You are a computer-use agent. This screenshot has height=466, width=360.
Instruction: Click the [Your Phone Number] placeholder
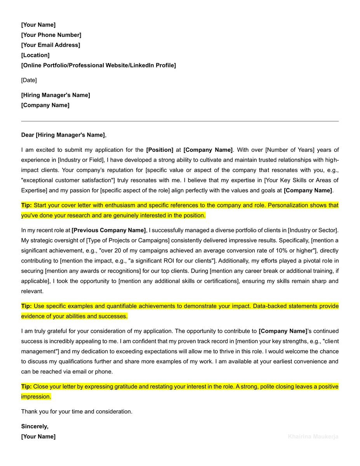pos(51,35)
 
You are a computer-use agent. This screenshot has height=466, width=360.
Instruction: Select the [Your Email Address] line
pos(50,45)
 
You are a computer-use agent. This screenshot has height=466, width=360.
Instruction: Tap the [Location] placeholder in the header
pos(35,55)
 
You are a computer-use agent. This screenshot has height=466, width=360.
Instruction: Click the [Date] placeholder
pos(29,80)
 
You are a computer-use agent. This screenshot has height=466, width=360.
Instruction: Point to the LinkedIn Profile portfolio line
pos(98,65)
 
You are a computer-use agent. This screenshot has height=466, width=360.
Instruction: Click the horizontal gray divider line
pos(180,121)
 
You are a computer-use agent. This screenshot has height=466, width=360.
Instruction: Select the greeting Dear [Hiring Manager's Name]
pos(63,135)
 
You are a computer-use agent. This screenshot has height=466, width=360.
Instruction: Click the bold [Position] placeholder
pos(160,150)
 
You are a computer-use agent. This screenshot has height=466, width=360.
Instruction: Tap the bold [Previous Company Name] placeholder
pos(109,230)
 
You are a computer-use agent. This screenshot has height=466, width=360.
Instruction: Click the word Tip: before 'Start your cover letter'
pos(26,205)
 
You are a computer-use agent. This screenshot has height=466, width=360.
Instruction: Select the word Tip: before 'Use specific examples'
pos(26,306)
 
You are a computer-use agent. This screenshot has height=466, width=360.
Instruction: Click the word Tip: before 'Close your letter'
pos(26,387)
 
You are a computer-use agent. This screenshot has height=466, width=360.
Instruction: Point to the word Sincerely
pos(35,426)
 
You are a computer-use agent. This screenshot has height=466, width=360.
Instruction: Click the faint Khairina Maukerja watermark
pos(313,436)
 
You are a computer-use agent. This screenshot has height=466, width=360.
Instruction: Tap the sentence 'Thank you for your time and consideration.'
pos(77,411)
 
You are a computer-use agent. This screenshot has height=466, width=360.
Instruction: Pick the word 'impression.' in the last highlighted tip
pos(36,397)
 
